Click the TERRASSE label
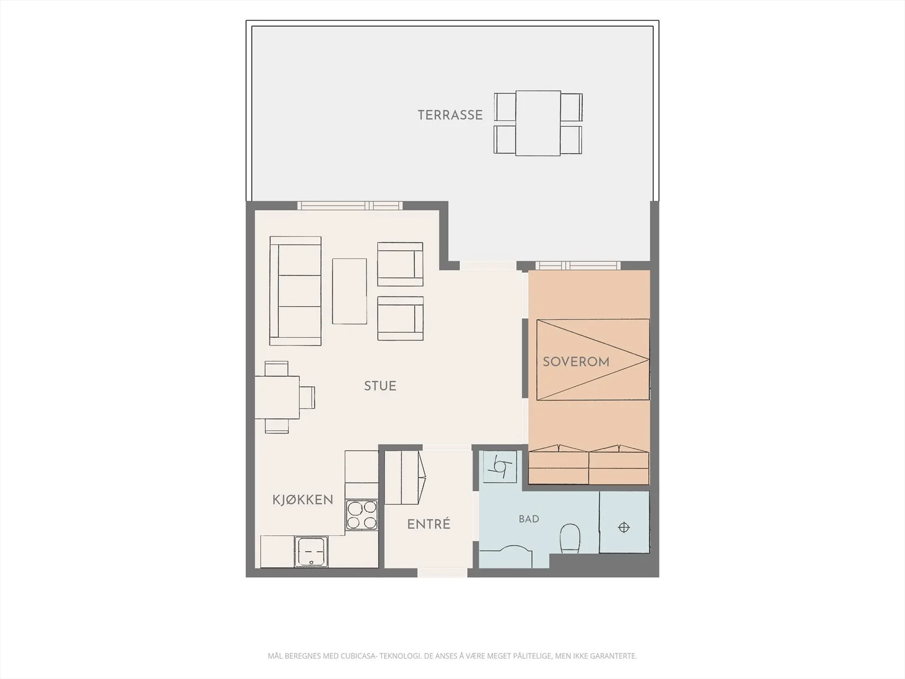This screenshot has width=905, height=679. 450,115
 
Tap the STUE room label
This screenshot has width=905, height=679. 380,386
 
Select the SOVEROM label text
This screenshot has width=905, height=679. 576,362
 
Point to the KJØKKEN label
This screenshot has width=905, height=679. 303,500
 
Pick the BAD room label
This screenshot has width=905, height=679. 529,519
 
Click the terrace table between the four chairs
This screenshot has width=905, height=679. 538,123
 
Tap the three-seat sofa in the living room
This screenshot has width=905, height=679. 295,291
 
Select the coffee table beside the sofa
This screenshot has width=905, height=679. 350,291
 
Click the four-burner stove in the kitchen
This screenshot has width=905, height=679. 362,514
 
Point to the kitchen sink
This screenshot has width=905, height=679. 311,551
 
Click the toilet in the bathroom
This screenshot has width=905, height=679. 570,539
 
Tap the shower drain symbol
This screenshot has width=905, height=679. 624,527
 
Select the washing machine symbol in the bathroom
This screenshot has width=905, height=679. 500,467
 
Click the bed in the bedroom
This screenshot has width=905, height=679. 593,359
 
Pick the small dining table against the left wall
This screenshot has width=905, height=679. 277,397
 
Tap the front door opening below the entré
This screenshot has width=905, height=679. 442,573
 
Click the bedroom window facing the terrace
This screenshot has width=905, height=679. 578,265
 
